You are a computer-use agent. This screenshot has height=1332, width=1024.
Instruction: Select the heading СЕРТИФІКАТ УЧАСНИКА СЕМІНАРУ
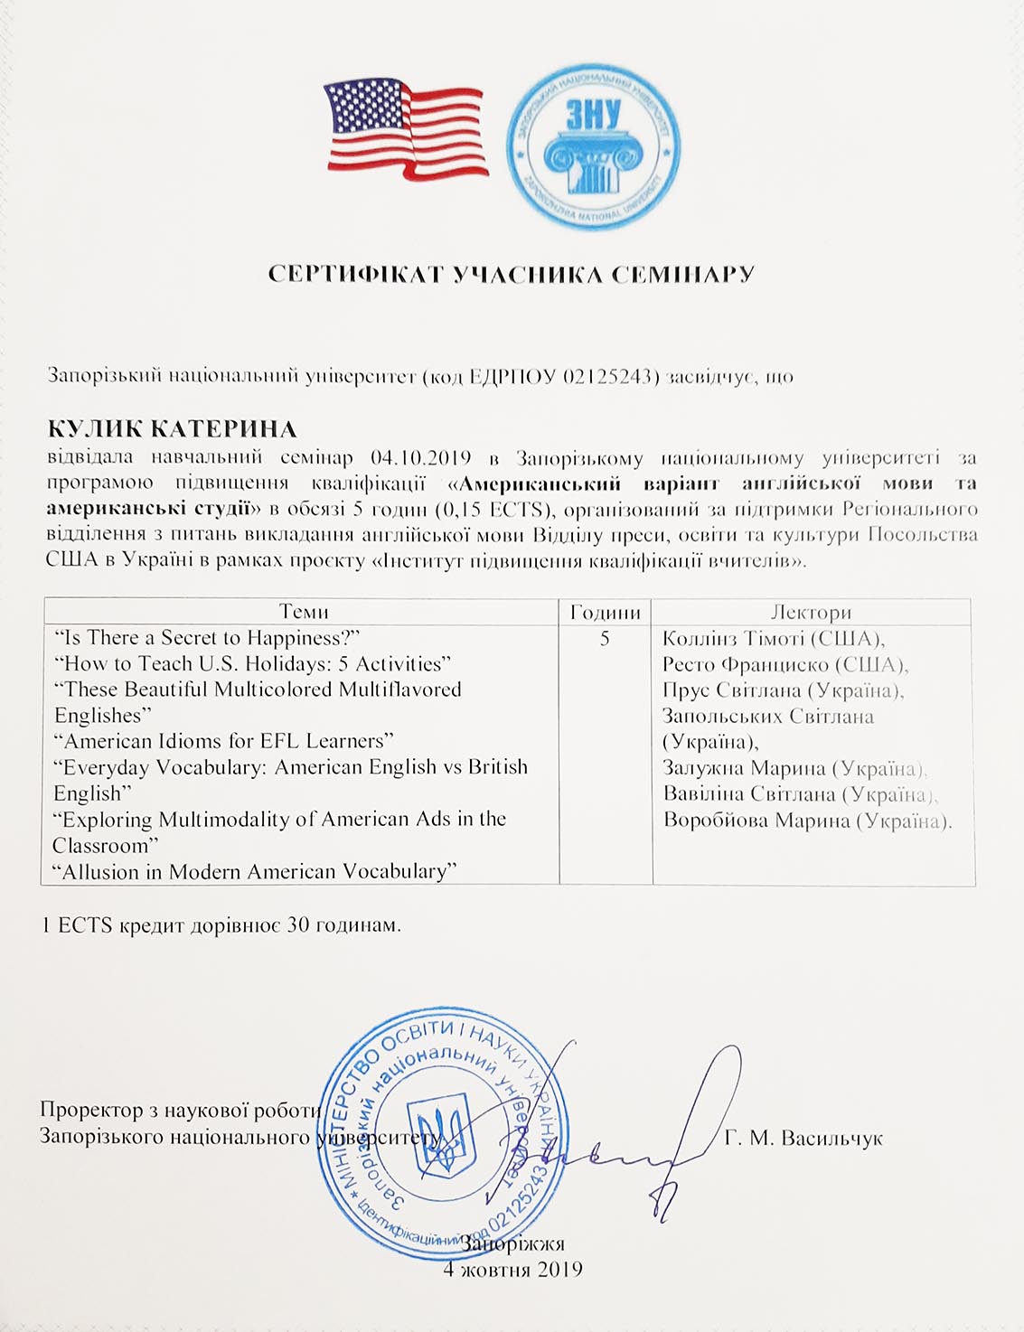tap(511, 274)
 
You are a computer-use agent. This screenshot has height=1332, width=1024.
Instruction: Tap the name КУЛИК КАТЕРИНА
tap(172, 428)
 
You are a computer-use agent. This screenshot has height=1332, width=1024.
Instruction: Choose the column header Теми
tap(304, 612)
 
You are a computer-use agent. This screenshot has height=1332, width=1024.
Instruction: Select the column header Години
tap(605, 612)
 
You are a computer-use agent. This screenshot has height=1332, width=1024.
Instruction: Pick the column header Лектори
tap(811, 612)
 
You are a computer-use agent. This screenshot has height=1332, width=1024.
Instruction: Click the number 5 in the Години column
tap(605, 638)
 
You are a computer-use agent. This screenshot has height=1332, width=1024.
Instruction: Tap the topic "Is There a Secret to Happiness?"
tap(207, 637)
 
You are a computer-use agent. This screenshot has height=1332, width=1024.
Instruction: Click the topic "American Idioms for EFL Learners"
tap(224, 741)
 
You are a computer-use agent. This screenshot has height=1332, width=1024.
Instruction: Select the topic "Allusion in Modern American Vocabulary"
tap(254, 871)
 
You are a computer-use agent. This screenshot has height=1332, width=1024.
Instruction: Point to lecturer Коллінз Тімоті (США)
tap(773, 638)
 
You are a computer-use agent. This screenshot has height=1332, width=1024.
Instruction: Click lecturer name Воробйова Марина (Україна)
tap(807, 821)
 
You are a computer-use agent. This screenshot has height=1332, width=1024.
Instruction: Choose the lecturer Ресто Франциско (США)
tap(784, 664)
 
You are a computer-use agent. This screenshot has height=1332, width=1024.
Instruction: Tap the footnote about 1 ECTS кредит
tap(221, 925)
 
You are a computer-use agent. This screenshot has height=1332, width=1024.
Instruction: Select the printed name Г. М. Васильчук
tap(803, 1138)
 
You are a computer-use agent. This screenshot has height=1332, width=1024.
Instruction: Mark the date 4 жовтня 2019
tap(512, 1269)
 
